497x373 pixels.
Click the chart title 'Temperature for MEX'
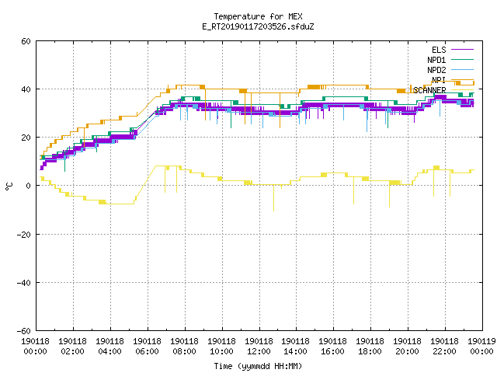point(258,16)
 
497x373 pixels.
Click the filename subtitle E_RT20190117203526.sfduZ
point(258,26)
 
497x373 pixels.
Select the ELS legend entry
point(439,50)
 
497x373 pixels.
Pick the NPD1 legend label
point(436,60)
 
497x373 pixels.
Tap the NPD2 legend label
point(436,70)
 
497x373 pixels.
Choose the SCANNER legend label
point(429,90)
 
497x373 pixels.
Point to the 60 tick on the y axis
point(26,41)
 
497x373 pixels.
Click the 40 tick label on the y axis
point(26,89)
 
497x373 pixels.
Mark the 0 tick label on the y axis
point(29,186)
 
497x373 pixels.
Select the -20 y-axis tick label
point(24,235)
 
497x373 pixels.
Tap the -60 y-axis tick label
point(24,331)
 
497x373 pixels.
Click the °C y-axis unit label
point(9,186)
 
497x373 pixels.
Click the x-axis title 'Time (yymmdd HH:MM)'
point(258,366)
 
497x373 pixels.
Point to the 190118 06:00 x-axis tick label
point(147,347)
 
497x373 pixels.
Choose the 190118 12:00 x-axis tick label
point(259,347)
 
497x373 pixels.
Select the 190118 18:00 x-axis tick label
point(370,347)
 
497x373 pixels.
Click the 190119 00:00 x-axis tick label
point(481,347)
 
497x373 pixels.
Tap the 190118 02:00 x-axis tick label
point(72,347)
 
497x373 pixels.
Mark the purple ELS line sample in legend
point(463,50)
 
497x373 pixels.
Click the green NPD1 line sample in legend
point(463,59)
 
